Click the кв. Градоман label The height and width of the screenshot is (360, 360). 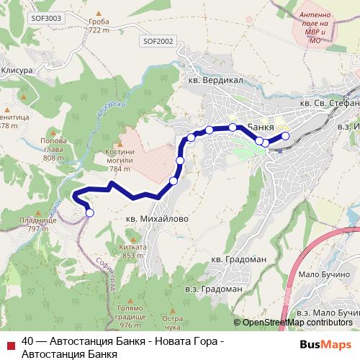(x=234, y=259)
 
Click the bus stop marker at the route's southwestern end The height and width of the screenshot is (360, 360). (x=90, y=212)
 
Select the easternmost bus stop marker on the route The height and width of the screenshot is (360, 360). (x=285, y=135)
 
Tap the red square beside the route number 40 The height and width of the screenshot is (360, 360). (x=10, y=342)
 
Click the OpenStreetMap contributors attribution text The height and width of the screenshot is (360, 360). (x=294, y=322)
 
